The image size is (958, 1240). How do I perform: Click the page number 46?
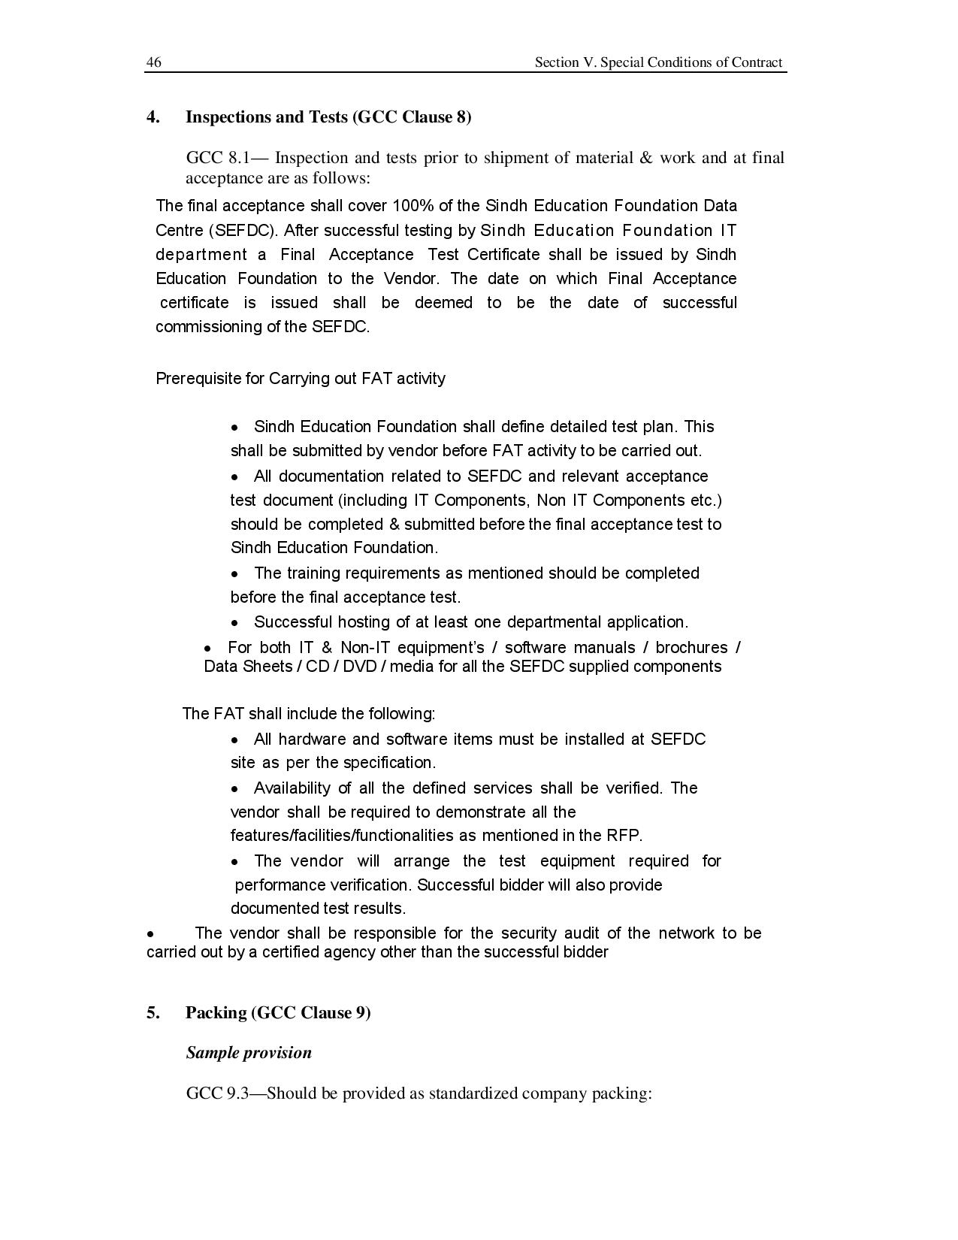point(153,62)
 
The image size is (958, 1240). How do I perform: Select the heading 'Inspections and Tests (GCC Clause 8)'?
point(328,116)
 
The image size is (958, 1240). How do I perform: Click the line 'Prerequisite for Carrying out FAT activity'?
point(300,378)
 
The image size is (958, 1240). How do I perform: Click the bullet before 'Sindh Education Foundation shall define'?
point(235,428)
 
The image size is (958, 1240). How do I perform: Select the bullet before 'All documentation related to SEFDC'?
point(235,477)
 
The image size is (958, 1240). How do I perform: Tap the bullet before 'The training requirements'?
point(235,574)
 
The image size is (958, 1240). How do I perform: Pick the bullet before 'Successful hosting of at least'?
point(235,623)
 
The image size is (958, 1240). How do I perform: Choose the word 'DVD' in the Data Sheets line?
point(359,667)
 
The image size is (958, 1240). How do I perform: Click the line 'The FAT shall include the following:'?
point(309,713)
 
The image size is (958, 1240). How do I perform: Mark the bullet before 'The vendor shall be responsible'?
point(151,934)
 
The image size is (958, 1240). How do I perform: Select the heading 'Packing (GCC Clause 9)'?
point(278,1012)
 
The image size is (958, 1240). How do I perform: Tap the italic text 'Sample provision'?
point(249,1052)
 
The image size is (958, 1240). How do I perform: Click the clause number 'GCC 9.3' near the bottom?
point(216,1093)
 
